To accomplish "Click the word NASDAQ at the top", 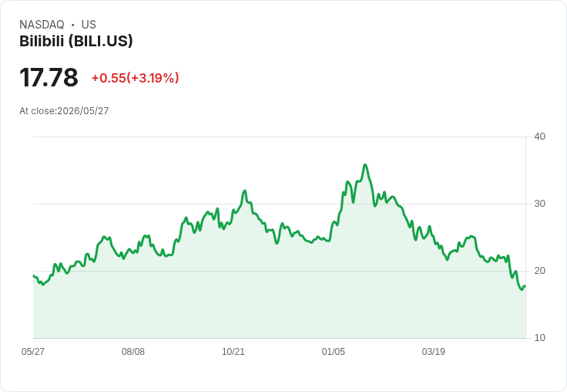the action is click(42, 25).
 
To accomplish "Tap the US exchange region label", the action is click(89, 25).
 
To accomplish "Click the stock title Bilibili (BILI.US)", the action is click(76, 41).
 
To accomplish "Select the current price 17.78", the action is click(49, 77).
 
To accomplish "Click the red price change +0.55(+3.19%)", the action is click(136, 78).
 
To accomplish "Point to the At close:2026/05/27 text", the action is click(64, 111).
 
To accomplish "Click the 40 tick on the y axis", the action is click(539, 137).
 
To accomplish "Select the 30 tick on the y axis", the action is click(539, 204).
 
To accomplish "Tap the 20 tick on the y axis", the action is click(539, 271).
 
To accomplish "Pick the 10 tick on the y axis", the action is click(539, 338).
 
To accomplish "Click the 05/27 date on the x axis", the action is click(33, 351).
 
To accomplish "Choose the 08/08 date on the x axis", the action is click(133, 351).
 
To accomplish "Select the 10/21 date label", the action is click(233, 351).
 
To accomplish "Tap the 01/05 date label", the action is click(334, 351).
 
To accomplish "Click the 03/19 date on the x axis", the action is click(433, 351).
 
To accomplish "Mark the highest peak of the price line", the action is click(365, 165).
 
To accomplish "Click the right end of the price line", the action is click(525, 286).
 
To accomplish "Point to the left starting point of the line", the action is click(33, 275).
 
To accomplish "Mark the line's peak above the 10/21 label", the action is click(245, 191).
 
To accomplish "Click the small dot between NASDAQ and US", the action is click(72, 25).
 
